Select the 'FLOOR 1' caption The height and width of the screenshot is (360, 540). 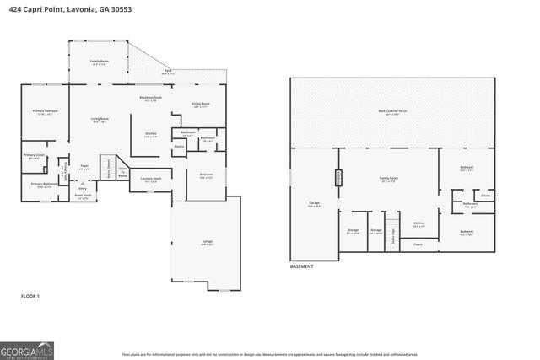click(x=30, y=296)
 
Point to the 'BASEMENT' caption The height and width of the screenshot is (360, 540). click(x=301, y=266)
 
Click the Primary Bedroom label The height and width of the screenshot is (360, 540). click(x=45, y=112)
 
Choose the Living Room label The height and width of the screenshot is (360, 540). click(x=100, y=120)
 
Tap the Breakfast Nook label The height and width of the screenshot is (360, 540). click(x=151, y=99)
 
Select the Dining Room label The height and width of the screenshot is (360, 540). click(x=201, y=105)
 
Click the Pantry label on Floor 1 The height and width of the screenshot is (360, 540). click(x=179, y=147)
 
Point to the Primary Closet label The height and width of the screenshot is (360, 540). click(x=34, y=156)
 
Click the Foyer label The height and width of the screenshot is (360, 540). click(x=84, y=166)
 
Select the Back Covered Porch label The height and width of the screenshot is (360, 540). click(x=393, y=112)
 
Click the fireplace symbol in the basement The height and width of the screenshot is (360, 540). click(x=340, y=178)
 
